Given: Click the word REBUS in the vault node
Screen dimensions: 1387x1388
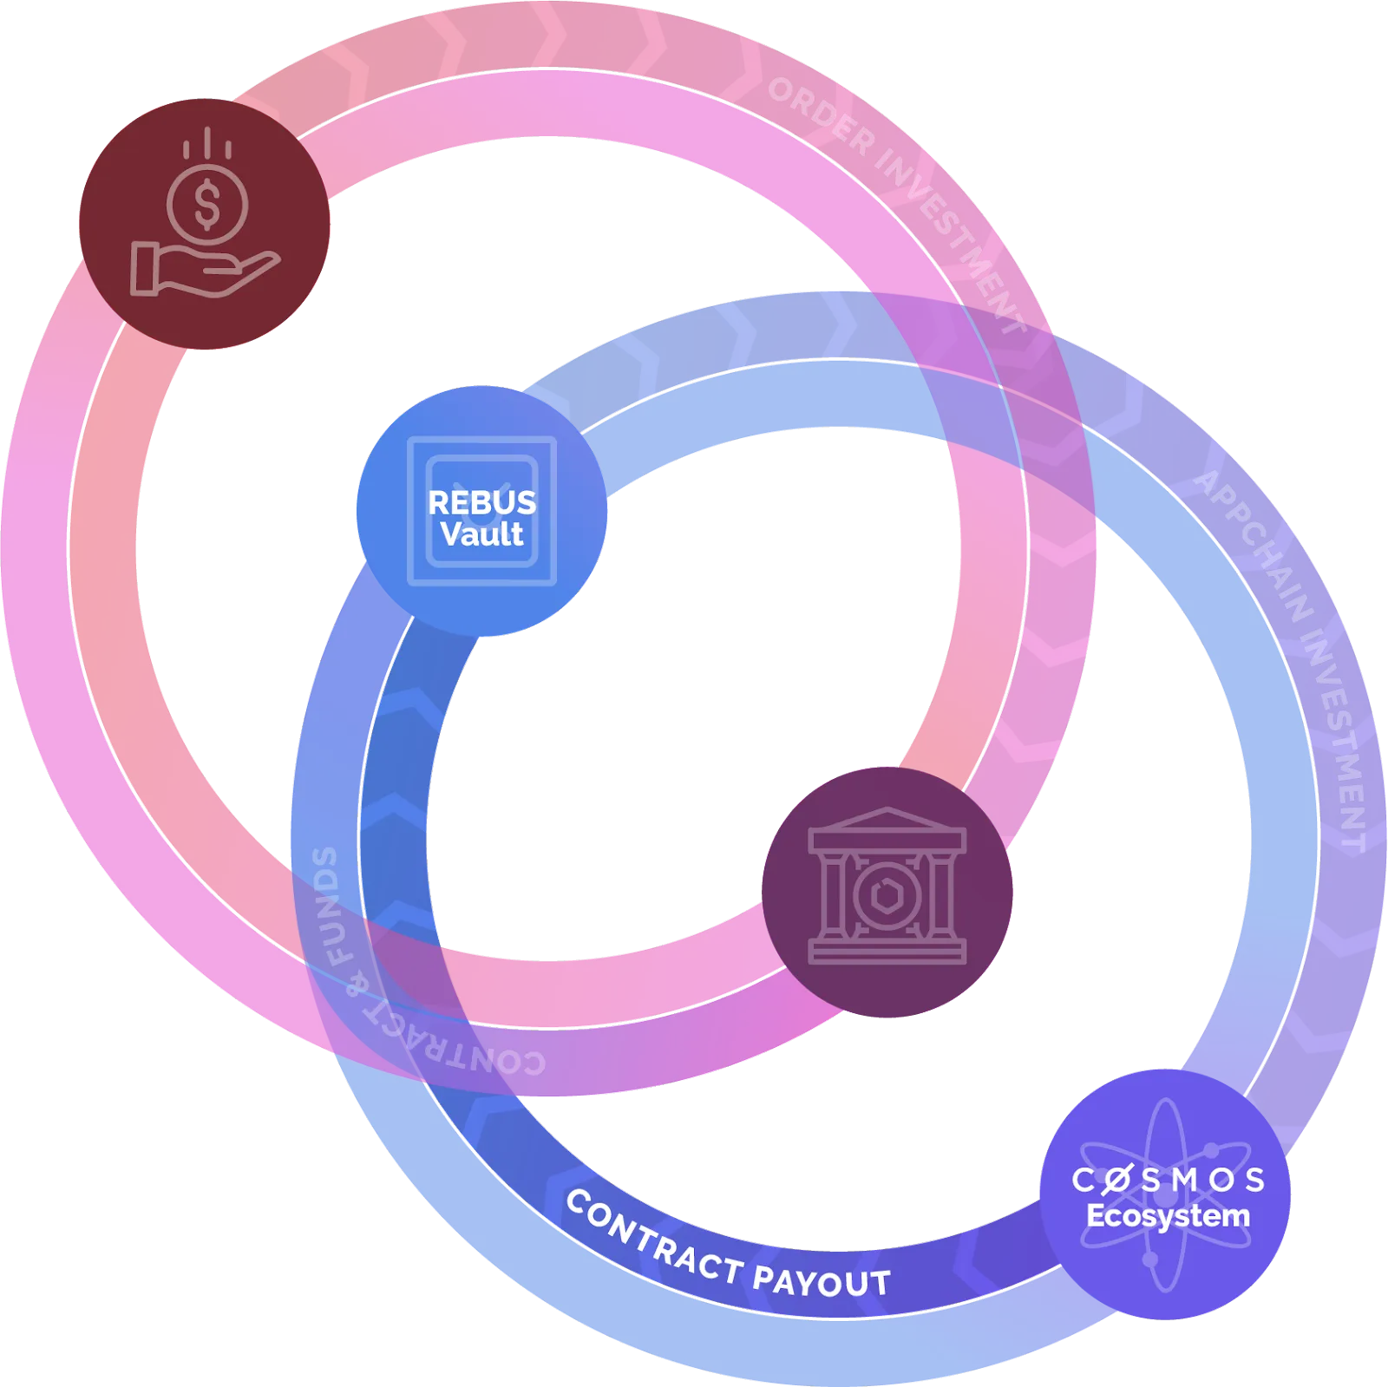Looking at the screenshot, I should pos(481,503).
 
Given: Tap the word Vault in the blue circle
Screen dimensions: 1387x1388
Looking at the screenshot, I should pos(481,534).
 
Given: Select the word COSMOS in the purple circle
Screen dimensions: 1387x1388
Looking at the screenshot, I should pos(1168,1180).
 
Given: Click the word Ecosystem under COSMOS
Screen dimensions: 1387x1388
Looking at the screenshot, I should pos(1168,1215).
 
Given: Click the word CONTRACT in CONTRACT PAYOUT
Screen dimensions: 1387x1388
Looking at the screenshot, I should pos(654,1236).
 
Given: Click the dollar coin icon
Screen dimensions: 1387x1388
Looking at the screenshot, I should pos(207,205).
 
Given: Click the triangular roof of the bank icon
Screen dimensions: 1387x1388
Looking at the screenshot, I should pos(887,820).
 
